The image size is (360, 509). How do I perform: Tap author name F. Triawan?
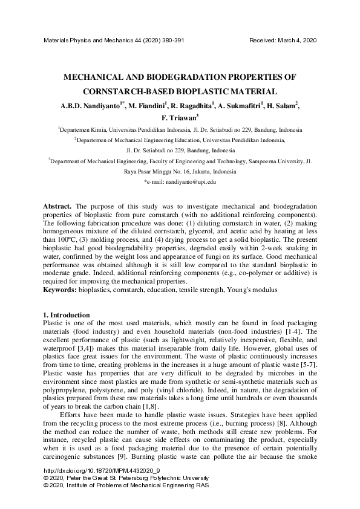click(x=179, y=119)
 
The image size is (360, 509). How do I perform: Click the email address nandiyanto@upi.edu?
click(x=186, y=181)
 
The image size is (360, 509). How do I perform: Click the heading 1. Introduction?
click(x=67, y=316)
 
